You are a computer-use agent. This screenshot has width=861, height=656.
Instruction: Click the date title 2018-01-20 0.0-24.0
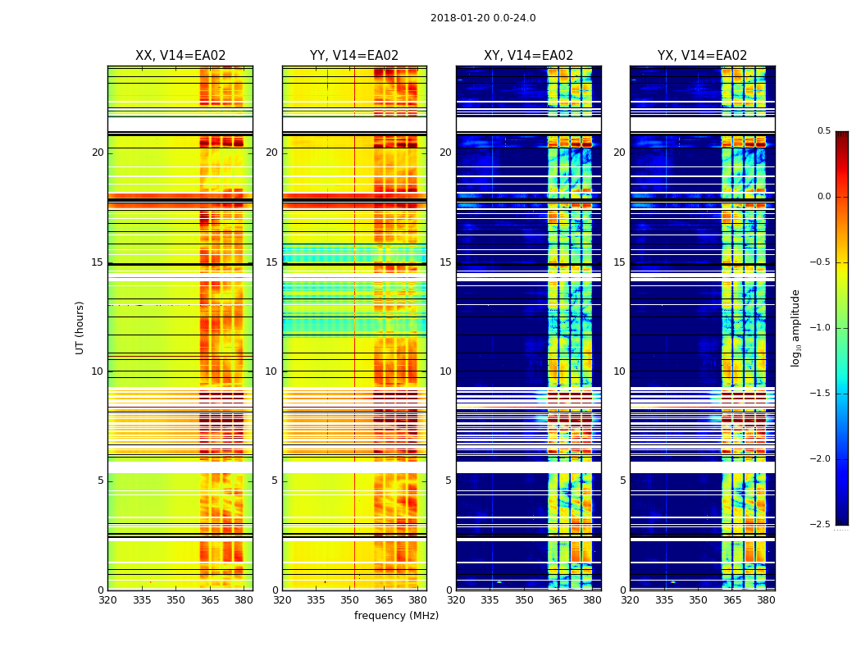pyautogui.click(x=482, y=18)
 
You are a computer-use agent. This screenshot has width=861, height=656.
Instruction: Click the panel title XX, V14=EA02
pyautogui.click(x=180, y=56)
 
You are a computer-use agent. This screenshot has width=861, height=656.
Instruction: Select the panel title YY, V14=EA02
pyautogui.click(x=354, y=56)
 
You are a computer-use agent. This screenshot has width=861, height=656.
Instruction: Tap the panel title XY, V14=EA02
pyautogui.click(x=528, y=56)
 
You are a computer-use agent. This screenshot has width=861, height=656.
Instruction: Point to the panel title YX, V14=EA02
pyautogui.click(x=702, y=56)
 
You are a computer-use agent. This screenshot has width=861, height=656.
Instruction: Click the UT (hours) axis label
pyautogui.click(x=80, y=327)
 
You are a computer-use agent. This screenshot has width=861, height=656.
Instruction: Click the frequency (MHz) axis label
pyautogui.click(x=396, y=616)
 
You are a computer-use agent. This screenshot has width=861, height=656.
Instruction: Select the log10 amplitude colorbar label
pyautogui.click(x=795, y=327)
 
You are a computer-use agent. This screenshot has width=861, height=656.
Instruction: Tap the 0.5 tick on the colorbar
pyautogui.click(x=823, y=131)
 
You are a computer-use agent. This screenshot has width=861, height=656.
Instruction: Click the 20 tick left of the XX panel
pyautogui.click(x=98, y=153)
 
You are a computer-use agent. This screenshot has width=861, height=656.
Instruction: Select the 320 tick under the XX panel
pyautogui.click(x=107, y=600)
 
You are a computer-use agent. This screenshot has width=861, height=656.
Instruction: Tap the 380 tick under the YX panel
pyautogui.click(x=766, y=600)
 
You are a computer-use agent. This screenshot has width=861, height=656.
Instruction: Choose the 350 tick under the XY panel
pyautogui.click(x=524, y=600)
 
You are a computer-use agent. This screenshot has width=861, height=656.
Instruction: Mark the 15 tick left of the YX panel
pyautogui.click(x=620, y=262)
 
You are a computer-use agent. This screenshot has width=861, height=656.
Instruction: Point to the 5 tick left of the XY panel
pyautogui.click(x=449, y=481)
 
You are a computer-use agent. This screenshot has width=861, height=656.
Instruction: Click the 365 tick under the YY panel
pyautogui.click(x=384, y=600)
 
